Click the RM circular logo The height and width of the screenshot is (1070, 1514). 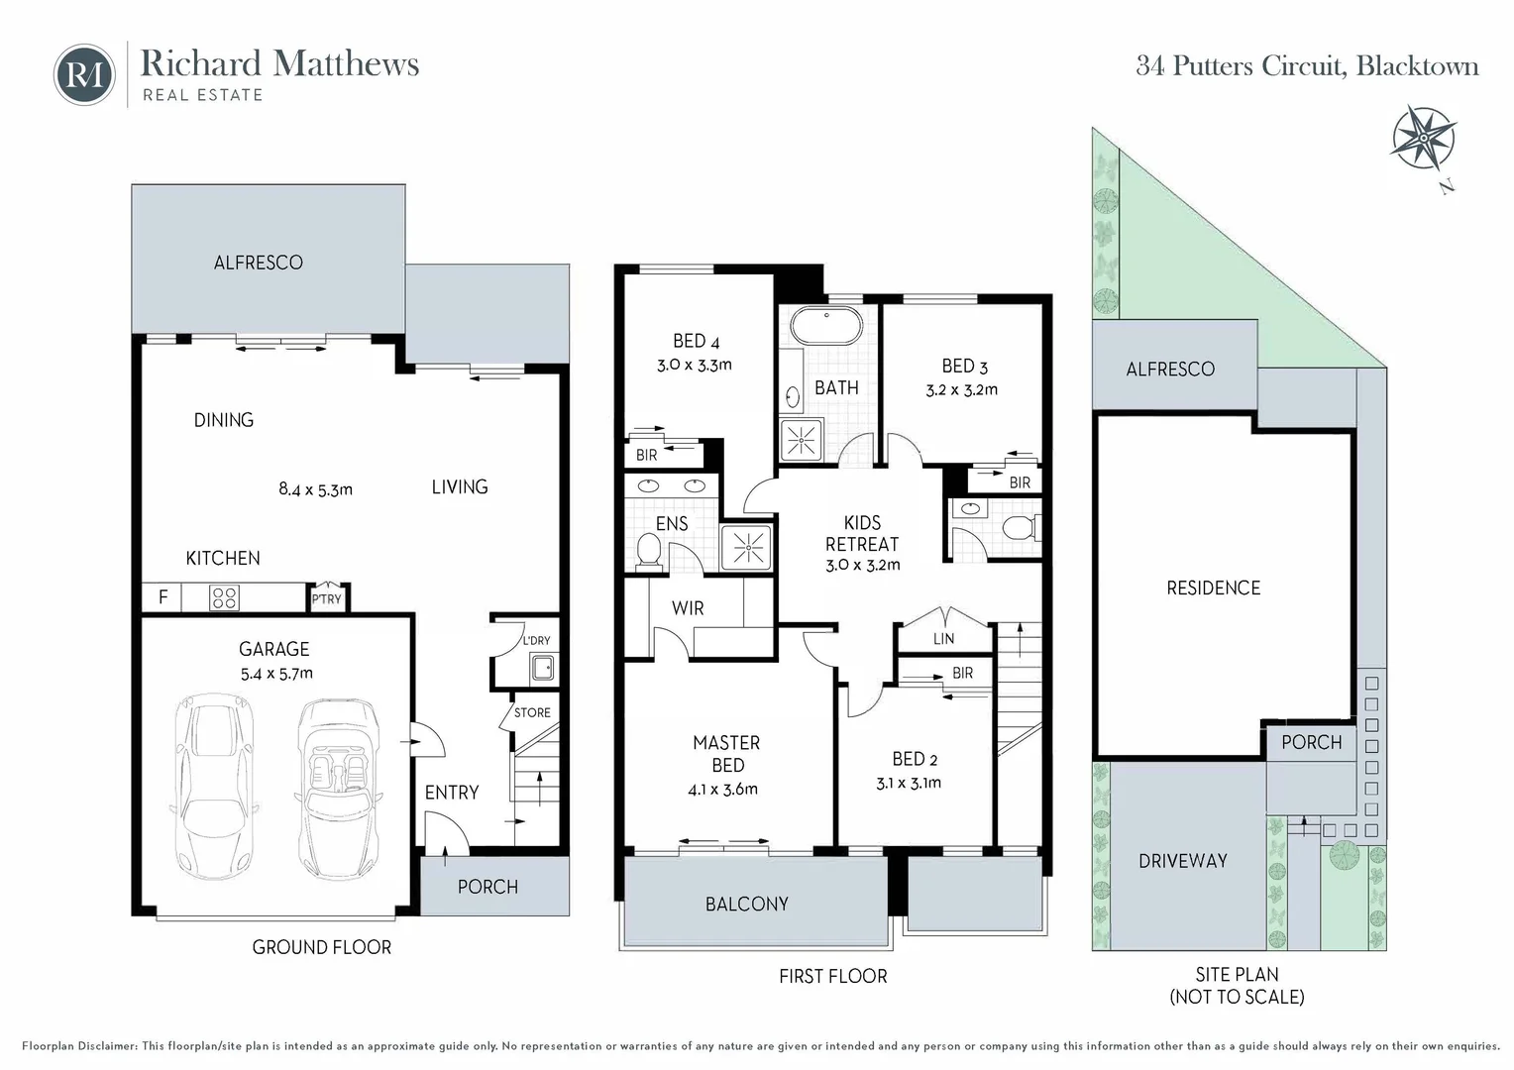tap(84, 74)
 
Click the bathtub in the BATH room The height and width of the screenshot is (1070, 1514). tap(825, 327)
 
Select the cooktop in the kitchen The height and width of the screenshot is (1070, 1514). tap(224, 597)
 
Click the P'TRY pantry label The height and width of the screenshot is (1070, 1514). tap(326, 598)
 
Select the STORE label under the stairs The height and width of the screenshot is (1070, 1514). tap(532, 712)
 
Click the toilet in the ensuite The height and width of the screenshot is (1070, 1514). tap(648, 551)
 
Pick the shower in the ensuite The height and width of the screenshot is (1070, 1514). tap(748, 546)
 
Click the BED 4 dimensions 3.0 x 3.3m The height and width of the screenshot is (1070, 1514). tap(695, 365)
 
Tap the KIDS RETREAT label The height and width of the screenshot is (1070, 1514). tap(862, 533)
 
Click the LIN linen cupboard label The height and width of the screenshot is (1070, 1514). tap(943, 639)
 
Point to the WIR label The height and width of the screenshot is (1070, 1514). tap(688, 608)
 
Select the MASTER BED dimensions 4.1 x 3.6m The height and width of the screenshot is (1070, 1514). tap(722, 790)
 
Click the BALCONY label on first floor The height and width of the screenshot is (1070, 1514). tap(747, 904)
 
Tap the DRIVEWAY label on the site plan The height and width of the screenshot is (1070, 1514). tap(1182, 861)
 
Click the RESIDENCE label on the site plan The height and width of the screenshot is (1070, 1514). tap(1213, 588)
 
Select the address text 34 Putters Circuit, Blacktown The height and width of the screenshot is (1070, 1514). tap(1307, 66)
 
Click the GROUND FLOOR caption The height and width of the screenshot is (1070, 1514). tap(321, 947)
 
